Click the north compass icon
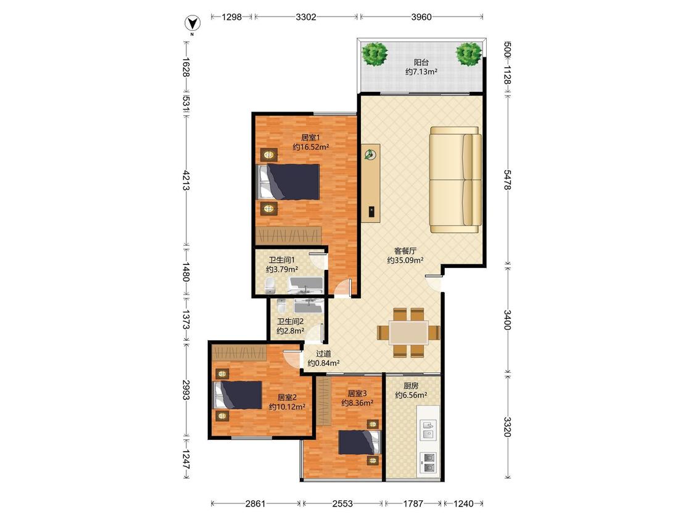tap(192, 23)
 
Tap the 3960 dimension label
tap(421, 17)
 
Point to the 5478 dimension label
tap(508, 179)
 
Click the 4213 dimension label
tap(186, 180)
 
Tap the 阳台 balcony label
tap(421, 62)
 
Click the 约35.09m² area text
tap(405, 261)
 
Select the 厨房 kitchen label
tap(411, 386)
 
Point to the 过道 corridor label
tap(323, 354)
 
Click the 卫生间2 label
tap(291, 322)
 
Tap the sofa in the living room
tap(456, 179)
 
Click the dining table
tap(409, 333)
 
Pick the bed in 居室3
tap(360, 442)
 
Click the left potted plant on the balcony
tap(375, 54)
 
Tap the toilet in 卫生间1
tap(270, 286)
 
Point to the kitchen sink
tap(428, 429)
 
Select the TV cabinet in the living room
tap(371, 182)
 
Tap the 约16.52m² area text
tap(311, 147)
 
